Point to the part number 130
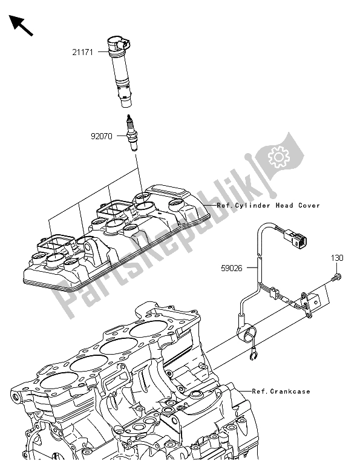tap(337, 258)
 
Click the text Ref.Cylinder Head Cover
tap(268, 206)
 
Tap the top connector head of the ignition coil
tap(118, 44)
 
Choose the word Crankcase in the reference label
tap(290, 392)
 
